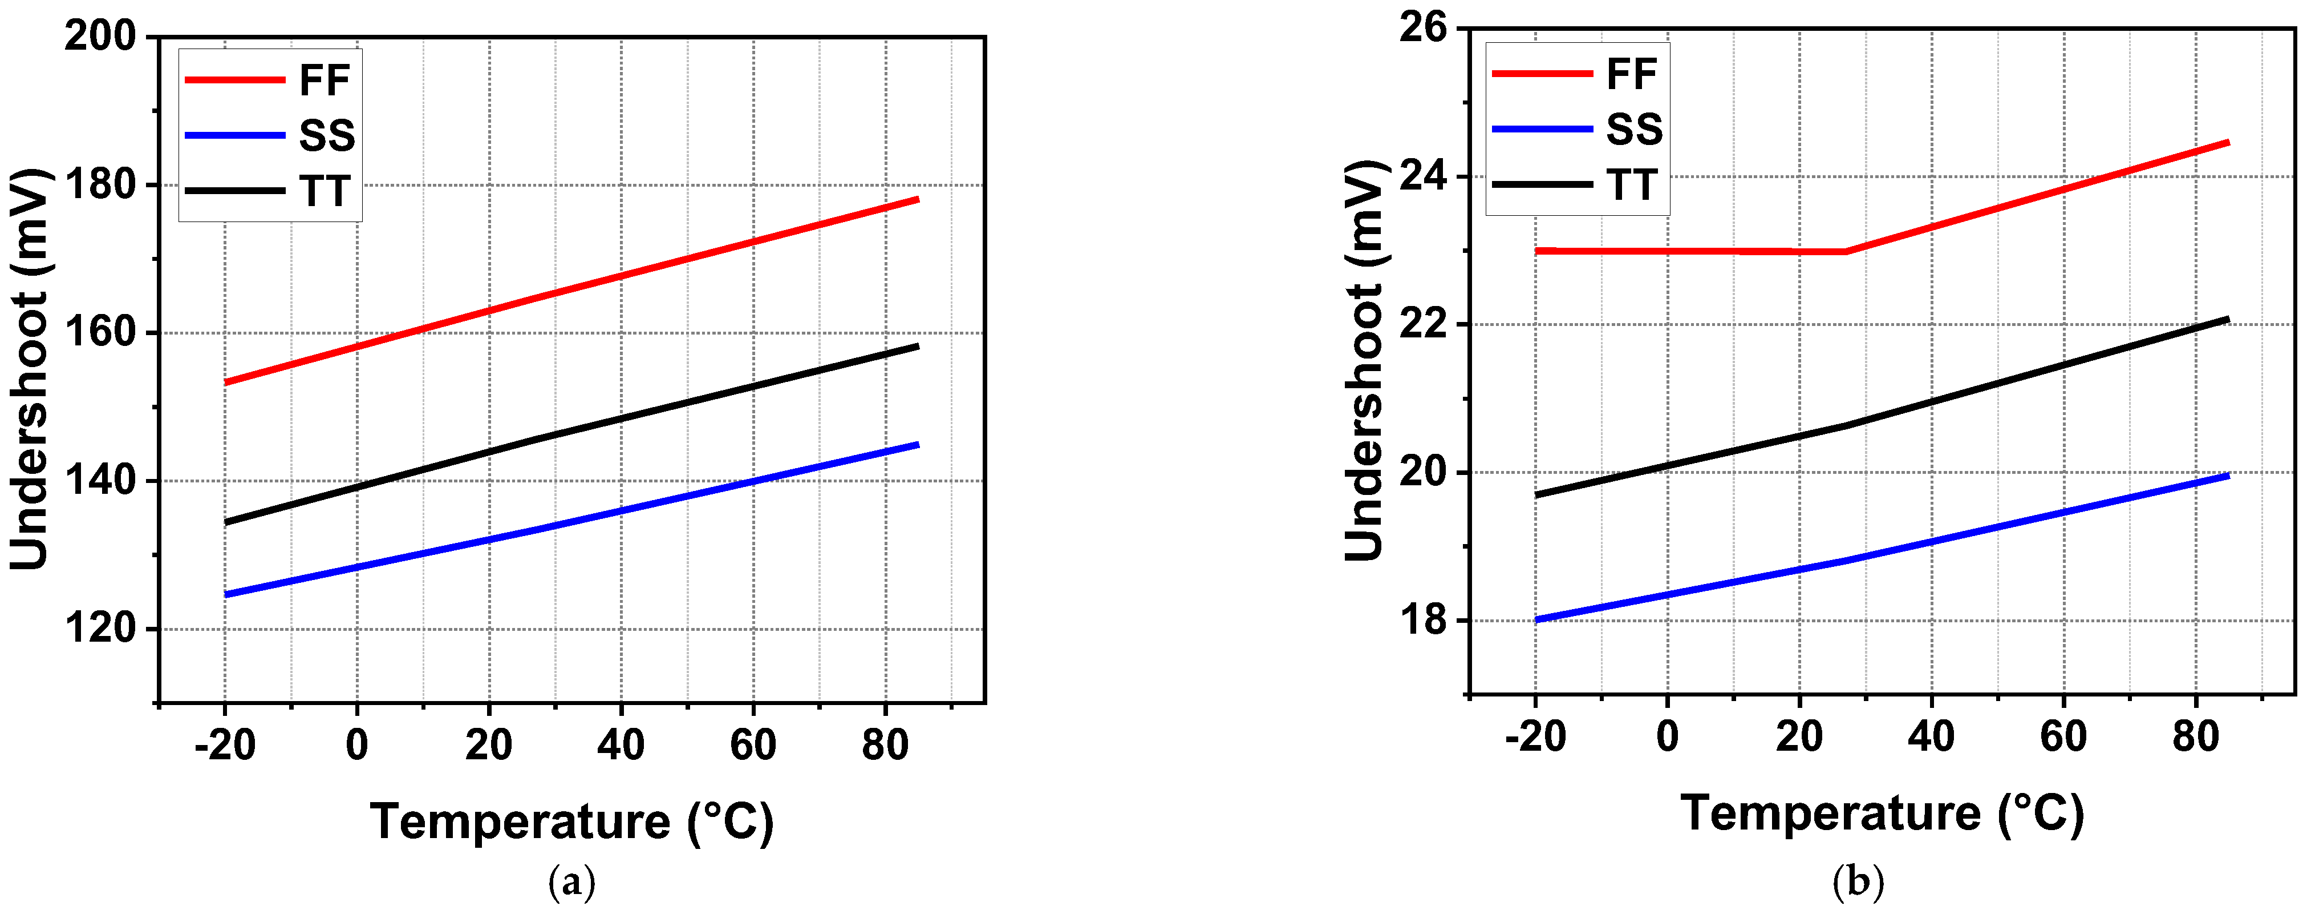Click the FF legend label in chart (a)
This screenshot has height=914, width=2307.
click(324, 80)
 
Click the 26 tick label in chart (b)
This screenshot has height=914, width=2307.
click(1422, 28)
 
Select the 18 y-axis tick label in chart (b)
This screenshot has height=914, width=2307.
click(1422, 620)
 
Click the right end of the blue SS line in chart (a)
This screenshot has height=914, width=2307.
click(917, 445)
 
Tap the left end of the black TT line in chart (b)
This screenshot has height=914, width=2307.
click(1538, 494)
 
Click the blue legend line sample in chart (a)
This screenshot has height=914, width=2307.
click(234, 135)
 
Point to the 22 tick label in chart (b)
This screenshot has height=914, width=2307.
click(1422, 324)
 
